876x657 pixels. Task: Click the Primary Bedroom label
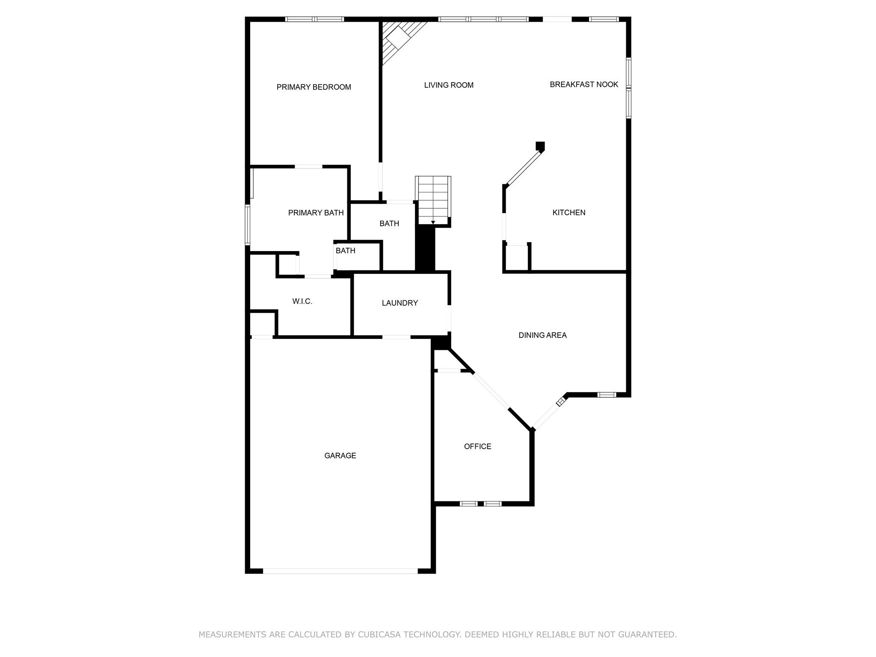pyautogui.click(x=314, y=87)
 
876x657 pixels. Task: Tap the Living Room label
pyautogui.click(x=449, y=85)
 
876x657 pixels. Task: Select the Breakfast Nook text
pyautogui.click(x=584, y=85)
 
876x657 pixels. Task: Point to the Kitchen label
pyautogui.click(x=568, y=213)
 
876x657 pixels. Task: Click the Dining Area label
pyautogui.click(x=542, y=335)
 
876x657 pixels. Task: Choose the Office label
pyautogui.click(x=477, y=447)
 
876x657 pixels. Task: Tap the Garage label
pyautogui.click(x=340, y=456)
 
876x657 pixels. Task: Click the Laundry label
pyautogui.click(x=400, y=303)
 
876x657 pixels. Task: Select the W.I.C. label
pyautogui.click(x=302, y=302)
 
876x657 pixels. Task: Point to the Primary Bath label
pyautogui.click(x=316, y=213)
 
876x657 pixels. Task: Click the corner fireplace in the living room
pyautogui.click(x=397, y=38)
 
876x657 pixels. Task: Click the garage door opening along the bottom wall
pyautogui.click(x=340, y=571)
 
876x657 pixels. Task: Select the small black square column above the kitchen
pyautogui.click(x=540, y=146)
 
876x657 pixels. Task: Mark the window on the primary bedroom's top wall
pyautogui.click(x=314, y=19)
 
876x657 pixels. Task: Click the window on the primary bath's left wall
pyautogui.click(x=247, y=225)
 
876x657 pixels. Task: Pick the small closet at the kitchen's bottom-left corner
pyautogui.click(x=517, y=258)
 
